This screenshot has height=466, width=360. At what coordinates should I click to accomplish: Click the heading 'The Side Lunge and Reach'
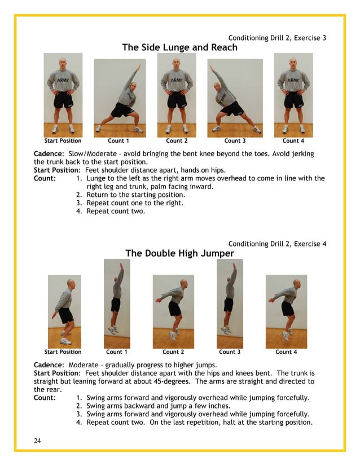pyautogui.click(x=179, y=47)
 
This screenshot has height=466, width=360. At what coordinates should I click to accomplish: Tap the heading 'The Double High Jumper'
pyautogui.click(x=179, y=253)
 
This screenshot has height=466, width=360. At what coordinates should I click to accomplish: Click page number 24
pyautogui.click(x=37, y=441)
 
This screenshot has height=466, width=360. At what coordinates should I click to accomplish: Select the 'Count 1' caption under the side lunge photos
pyautogui.click(x=118, y=140)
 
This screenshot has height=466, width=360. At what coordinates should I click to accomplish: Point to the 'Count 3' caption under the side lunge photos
pyautogui.click(x=235, y=140)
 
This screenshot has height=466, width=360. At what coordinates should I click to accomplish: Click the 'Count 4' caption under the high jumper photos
pyautogui.click(x=286, y=351)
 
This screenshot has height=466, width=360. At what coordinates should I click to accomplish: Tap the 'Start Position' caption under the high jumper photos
pyautogui.click(x=63, y=351)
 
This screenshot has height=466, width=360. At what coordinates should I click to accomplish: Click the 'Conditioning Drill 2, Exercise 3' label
pyautogui.click(x=277, y=38)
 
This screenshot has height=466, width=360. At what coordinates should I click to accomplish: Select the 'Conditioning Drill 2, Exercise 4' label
pyautogui.click(x=277, y=244)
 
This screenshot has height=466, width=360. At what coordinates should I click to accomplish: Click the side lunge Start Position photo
pyautogui.click(x=63, y=95)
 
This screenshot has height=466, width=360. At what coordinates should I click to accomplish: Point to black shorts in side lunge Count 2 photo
pyautogui.click(x=177, y=100)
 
